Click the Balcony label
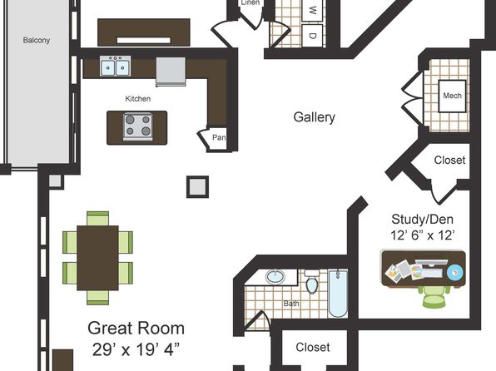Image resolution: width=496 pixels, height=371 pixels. coord(37,40)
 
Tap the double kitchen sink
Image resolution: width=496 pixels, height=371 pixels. coord(115,66)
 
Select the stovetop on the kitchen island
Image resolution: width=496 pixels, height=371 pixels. coord(137,126)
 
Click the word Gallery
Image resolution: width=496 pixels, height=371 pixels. coord(314,117)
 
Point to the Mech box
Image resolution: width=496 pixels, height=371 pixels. coord(452,96)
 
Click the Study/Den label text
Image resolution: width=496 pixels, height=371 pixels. coord(422,219)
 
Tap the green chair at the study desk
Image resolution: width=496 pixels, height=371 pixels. coord(434,296)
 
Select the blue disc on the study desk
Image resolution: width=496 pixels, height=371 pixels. coord(455,272)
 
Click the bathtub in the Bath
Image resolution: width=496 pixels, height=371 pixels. coord(338,293)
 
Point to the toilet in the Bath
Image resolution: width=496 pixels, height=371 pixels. coord(311,281)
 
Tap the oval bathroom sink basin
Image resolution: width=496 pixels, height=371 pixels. coord(275,277)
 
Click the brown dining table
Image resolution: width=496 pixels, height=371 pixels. coord(97,258)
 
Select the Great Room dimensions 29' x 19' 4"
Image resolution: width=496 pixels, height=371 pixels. coord(136,349)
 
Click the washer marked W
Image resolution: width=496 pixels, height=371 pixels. coord(312,11)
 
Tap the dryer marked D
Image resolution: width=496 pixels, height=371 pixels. coord(312,36)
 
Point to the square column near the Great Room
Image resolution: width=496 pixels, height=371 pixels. coord(197,186)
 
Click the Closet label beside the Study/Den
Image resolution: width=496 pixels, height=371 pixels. coord(449,160)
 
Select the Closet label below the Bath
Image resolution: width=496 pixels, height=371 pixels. coord(313,347)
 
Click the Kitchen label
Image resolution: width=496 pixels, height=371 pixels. coord(138,99)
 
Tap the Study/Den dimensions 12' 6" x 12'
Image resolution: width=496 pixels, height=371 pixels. coord(423,235)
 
